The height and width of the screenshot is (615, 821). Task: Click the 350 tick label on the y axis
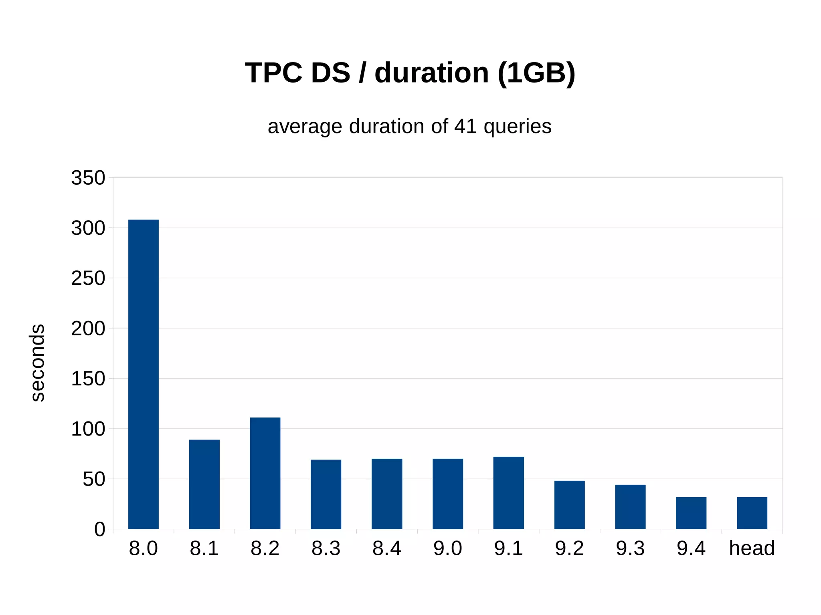coord(88,178)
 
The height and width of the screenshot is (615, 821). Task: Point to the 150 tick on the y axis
coord(88,379)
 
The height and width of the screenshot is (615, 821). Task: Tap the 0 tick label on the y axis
coord(99,529)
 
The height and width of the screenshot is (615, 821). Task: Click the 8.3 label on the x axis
coord(326,548)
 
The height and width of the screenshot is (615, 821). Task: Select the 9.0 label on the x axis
coord(447,548)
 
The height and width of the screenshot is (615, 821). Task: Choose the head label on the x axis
coord(752,548)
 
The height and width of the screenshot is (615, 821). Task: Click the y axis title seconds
coord(37,363)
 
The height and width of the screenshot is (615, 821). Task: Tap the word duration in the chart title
coord(431,73)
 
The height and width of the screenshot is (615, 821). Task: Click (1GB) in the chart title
coord(536,73)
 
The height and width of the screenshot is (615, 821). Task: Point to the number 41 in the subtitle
coord(465,126)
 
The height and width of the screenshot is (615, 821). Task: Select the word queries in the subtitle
coord(517,127)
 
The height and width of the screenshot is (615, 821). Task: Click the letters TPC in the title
coord(273,73)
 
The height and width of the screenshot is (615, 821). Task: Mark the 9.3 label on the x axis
coord(630,548)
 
